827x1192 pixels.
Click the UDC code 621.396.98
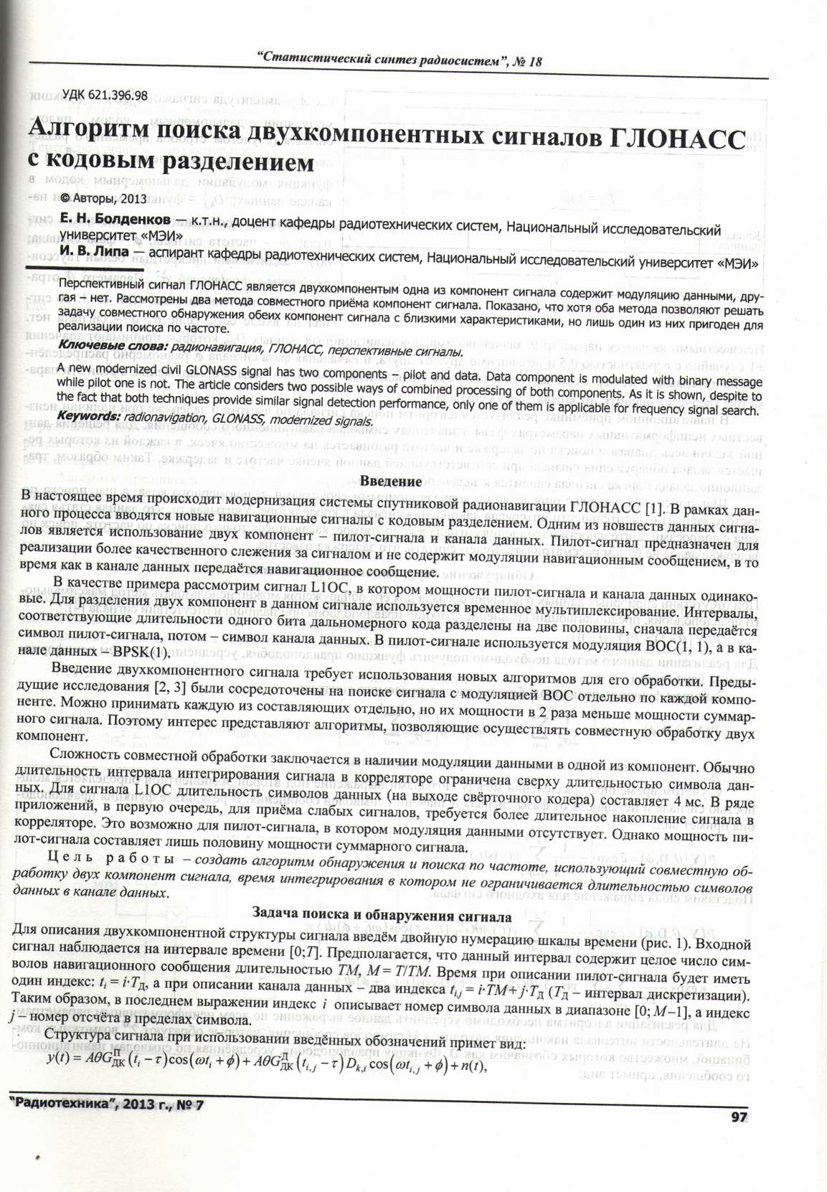(x=105, y=95)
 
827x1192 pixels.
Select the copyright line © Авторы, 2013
(x=103, y=199)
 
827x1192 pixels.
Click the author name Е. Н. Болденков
(x=115, y=218)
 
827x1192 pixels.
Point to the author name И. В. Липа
(x=94, y=252)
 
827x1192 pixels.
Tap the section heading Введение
(x=390, y=482)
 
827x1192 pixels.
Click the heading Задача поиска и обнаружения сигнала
(x=382, y=916)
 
